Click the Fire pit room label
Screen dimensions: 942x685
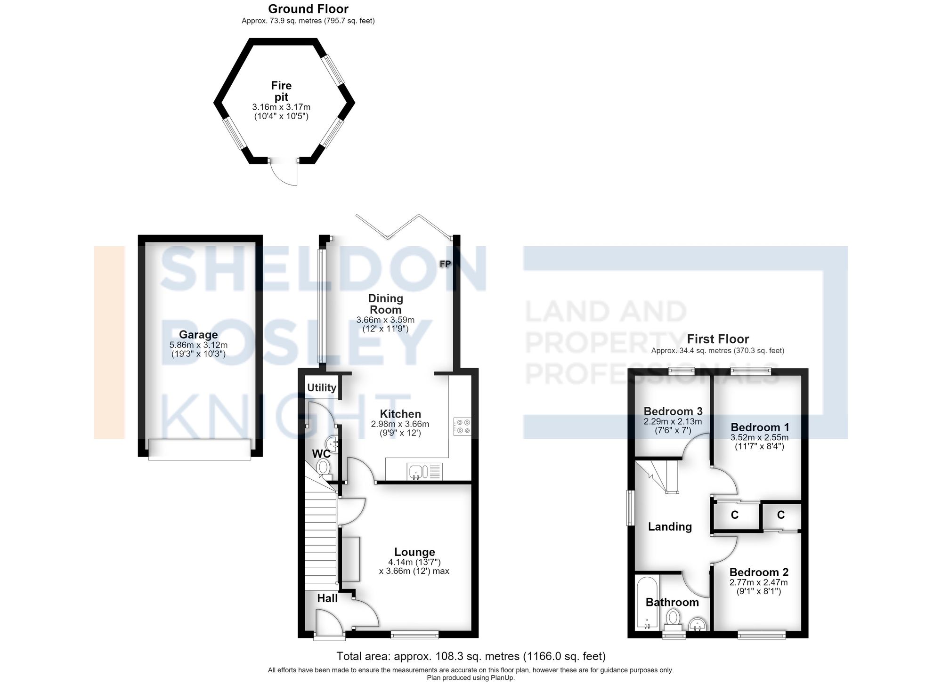click(281, 91)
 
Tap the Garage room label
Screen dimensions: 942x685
click(198, 335)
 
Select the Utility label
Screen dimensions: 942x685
click(322, 387)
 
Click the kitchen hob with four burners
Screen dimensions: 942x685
click(462, 427)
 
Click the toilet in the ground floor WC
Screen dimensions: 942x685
click(324, 468)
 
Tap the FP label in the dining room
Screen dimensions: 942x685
click(445, 264)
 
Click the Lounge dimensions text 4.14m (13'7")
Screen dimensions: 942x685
click(414, 562)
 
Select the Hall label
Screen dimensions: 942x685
click(327, 598)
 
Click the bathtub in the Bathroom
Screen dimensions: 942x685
click(647, 603)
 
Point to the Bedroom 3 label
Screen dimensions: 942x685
click(673, 411)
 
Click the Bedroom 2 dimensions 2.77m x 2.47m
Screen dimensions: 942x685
click(759, 582)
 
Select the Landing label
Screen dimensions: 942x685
click(670, 527)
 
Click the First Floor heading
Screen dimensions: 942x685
click(718, 339)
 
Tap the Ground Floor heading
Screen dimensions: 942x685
click(308, 9)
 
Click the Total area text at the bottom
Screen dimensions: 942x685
click(471, 656)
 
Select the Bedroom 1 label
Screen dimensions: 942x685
click(760, 427)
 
